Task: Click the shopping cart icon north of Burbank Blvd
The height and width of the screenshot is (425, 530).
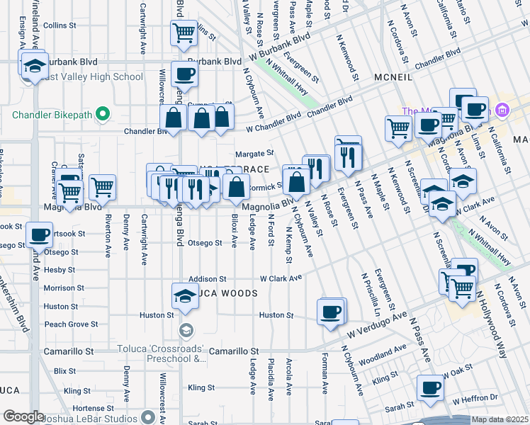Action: click(x=184, y=33)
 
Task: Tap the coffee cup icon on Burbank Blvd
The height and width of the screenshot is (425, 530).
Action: click(x=184, y=73)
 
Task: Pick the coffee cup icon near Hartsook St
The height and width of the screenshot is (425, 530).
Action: click(x=40, y=234)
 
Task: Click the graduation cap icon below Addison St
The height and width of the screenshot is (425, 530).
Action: click(x=185, y=295)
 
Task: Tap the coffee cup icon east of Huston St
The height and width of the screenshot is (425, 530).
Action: click(x=330, y=312)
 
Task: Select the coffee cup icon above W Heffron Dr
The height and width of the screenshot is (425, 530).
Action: click(x=430, y=387)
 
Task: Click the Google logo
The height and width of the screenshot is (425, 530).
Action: click(x=24, y=416)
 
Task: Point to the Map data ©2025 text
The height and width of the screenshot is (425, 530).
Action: click(x=499, y=419)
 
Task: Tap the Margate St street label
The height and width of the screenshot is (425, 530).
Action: click(x=254, y=153)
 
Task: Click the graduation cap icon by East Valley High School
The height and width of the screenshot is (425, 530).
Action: click(x=33, y=65)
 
